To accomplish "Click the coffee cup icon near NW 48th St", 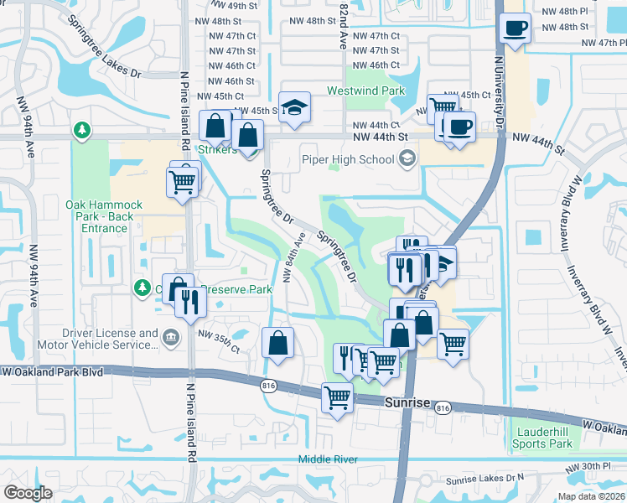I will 515,29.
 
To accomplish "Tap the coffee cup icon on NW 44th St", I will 459,127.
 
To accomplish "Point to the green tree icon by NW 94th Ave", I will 81,130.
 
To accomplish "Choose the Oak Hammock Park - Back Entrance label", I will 104,216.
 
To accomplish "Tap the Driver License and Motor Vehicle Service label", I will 107,339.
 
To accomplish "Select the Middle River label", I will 329,459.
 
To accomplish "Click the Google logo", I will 28,492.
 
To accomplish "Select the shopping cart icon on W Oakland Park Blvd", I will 337,397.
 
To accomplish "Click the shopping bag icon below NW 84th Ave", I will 277,342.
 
